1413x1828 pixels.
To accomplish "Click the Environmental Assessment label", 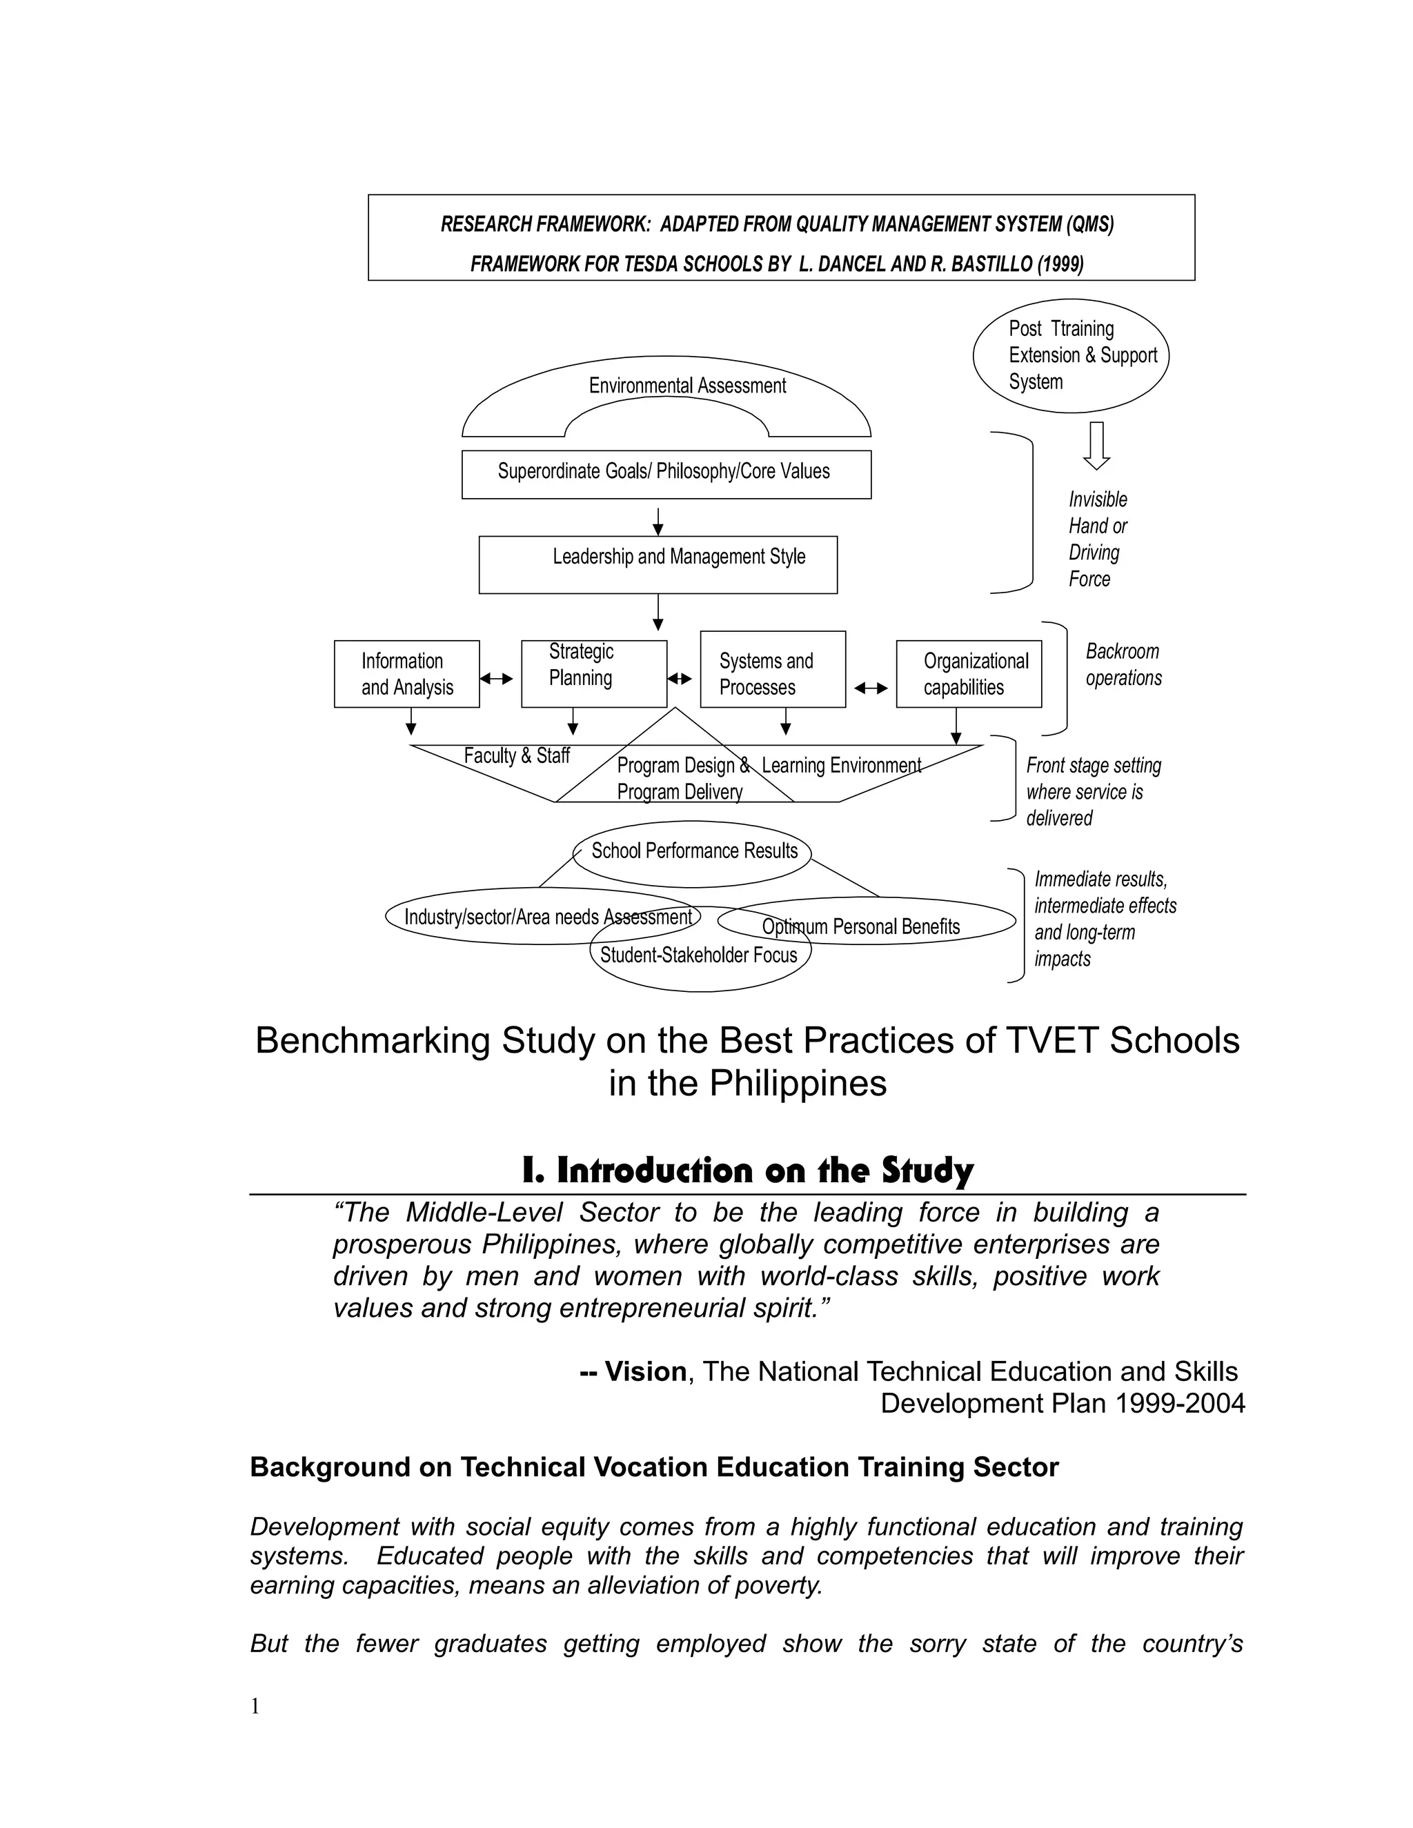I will click(687, 386).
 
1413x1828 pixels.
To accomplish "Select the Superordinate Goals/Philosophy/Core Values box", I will click(666, 474).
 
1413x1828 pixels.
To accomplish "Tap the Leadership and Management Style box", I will click(658, 564).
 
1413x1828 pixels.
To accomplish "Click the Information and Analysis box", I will click(407, 674).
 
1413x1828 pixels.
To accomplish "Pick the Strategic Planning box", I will click(593, 674).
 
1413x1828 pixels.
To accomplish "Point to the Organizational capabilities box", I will click(969, 674).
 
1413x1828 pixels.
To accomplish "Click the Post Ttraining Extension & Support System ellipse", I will click(1071, 356).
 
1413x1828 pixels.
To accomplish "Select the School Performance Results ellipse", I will click(694, 852).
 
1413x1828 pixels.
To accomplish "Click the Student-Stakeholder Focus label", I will click(699, 955).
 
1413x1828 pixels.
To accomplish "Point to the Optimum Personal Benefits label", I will click(860, 926).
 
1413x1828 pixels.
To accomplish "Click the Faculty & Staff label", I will click(517, 756).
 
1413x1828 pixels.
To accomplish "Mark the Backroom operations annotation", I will click(1123, 664).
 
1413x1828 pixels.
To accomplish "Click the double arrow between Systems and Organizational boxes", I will click(871, 688).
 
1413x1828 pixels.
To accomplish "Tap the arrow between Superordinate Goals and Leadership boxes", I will click(658, 521).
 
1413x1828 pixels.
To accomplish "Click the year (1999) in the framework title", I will click(1060, 264).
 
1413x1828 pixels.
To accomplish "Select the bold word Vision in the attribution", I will click(645, 1372).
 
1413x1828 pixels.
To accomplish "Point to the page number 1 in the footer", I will click(255, 1707).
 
